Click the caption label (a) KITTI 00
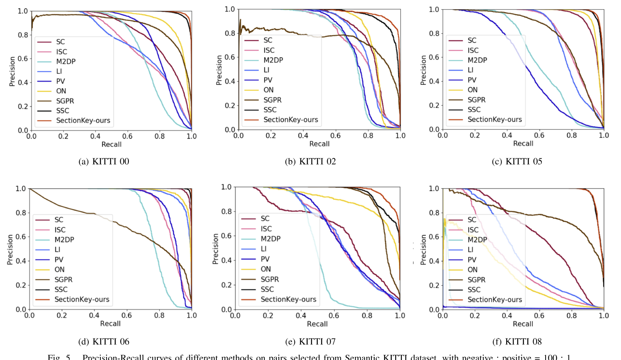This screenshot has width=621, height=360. [x=103, y=161]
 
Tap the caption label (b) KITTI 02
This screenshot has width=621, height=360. [x=310, y=161]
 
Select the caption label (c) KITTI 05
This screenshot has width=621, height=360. [x=517, y=161]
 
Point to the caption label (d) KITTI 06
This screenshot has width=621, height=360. [x=103, y=342]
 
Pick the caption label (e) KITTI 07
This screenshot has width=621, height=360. [x=310, y=342]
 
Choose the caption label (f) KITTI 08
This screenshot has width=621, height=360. [x=517, y=342]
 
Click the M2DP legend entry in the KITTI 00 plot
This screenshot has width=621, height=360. [x=66, y=61]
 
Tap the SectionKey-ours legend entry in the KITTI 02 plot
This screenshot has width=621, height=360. [x=291, y=120]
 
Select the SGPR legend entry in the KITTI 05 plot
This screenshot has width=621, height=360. [x=476, y=100]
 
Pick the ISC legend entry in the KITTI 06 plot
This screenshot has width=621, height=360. [x=60, y=230]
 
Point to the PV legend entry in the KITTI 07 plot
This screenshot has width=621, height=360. [x=265, y=259]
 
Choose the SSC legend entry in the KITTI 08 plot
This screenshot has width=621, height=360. [x=474, y=290]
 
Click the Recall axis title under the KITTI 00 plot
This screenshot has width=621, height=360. [x=111, y=145]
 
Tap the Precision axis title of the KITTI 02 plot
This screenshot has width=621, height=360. [x=219, y=70]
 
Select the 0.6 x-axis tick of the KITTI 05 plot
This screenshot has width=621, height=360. [x=539, y=135]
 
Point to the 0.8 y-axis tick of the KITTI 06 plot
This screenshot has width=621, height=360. [x=21, y=213]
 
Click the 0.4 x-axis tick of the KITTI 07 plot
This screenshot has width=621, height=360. [x=301, y=315]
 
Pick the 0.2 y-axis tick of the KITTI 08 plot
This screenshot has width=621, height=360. [x=434, y=285]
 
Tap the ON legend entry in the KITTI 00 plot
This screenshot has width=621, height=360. [x=61, y=91]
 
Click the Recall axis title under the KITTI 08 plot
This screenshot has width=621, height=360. [x=523, y=324]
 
